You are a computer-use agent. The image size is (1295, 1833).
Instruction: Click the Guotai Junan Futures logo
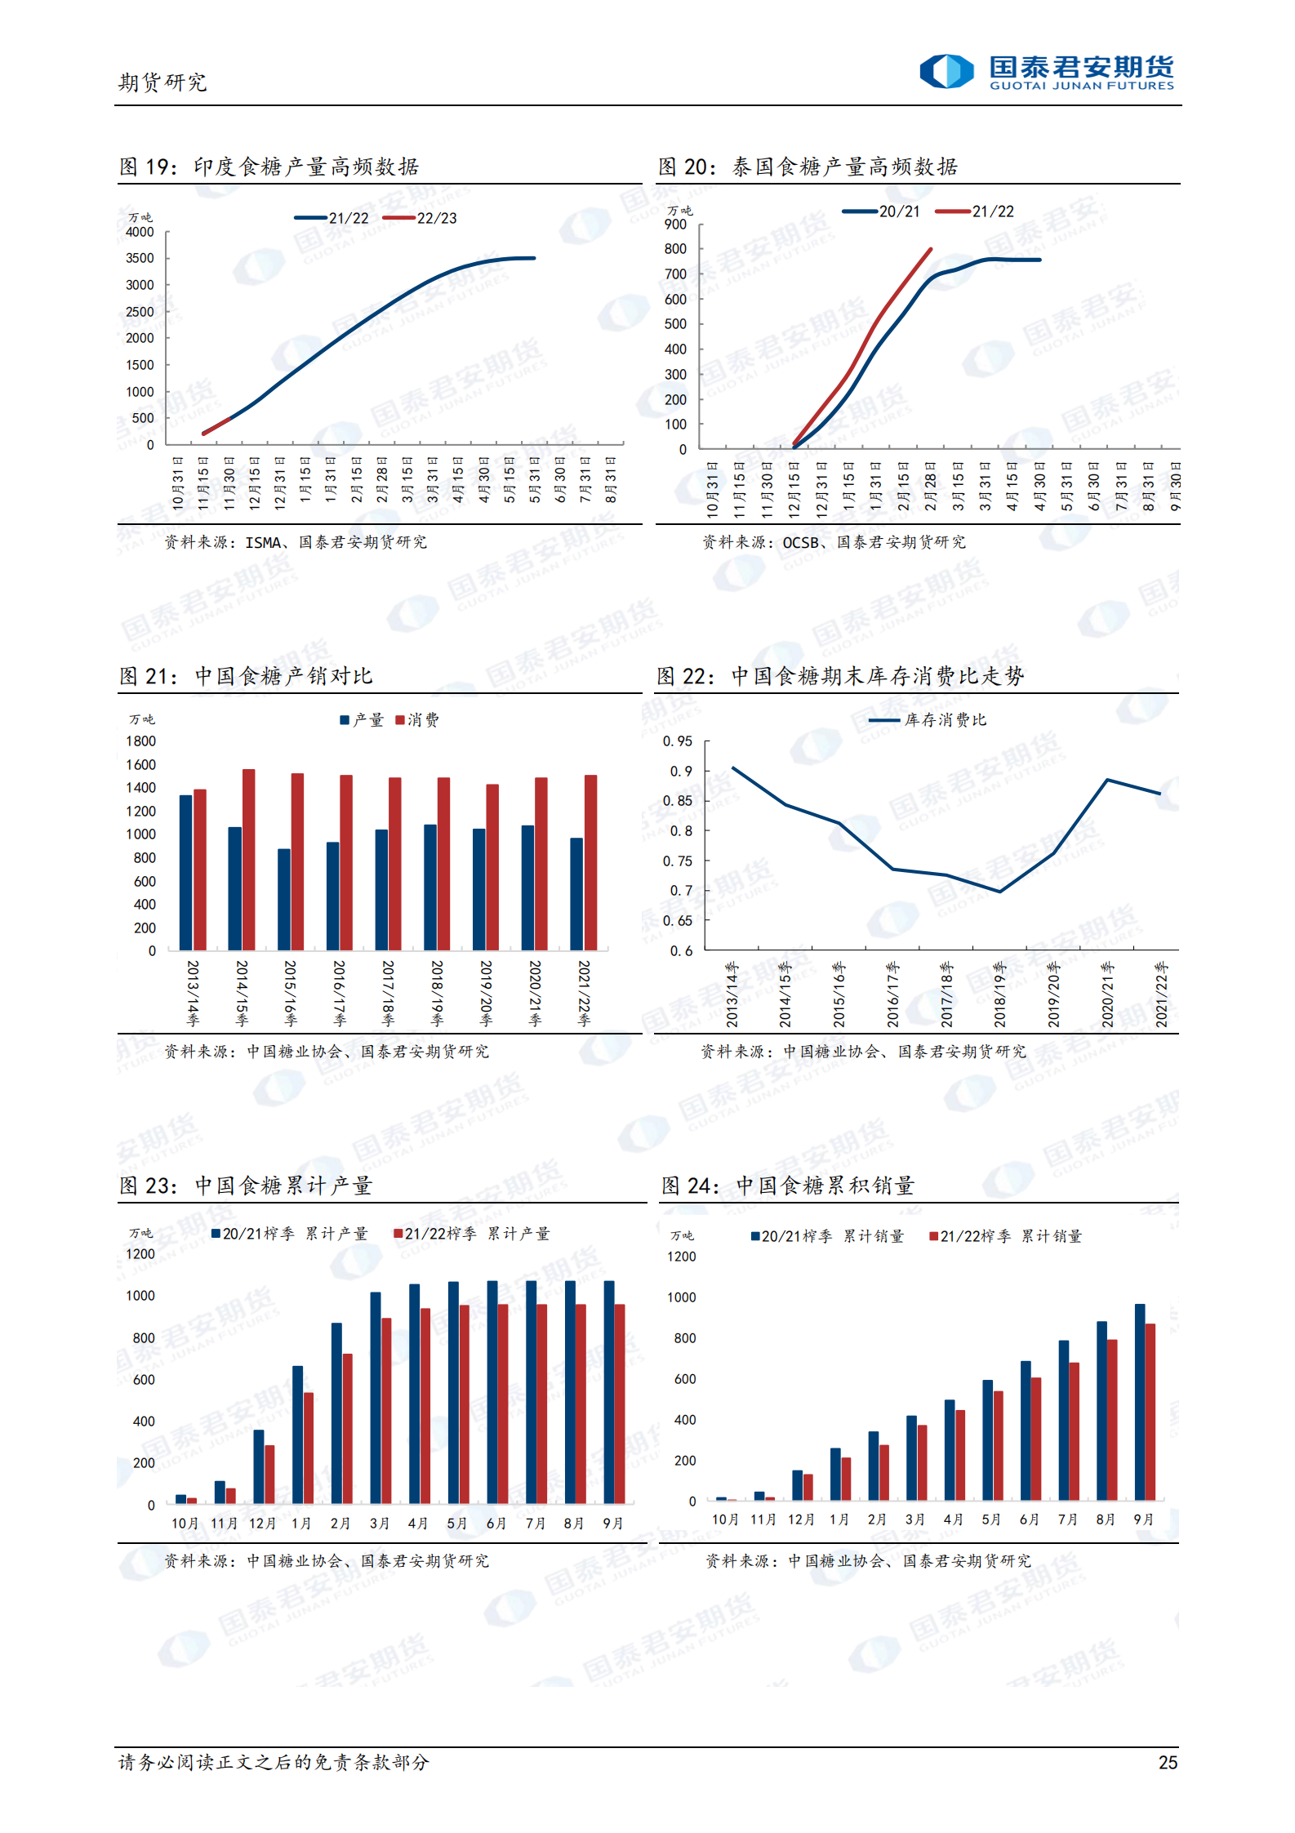(x=1046, y=72)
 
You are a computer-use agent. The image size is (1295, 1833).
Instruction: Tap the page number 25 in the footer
(x=1168, y=1762)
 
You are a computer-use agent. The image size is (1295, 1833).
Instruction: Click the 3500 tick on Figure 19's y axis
(x=140, y=258)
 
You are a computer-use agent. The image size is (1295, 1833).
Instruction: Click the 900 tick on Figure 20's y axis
(x=675, y=225)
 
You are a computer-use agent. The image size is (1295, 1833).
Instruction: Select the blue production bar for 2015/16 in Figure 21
(x=284, y=899)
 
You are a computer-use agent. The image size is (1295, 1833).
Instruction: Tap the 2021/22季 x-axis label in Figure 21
(x=584, y=993)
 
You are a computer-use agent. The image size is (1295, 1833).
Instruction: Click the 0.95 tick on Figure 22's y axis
(x=677, y=741)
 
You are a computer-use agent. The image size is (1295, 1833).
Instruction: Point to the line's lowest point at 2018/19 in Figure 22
(x=999, y=891)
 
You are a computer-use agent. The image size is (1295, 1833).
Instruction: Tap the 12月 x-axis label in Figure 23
(x=262, y=1524)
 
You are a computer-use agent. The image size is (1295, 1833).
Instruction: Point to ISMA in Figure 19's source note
(x=263, y=542)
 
